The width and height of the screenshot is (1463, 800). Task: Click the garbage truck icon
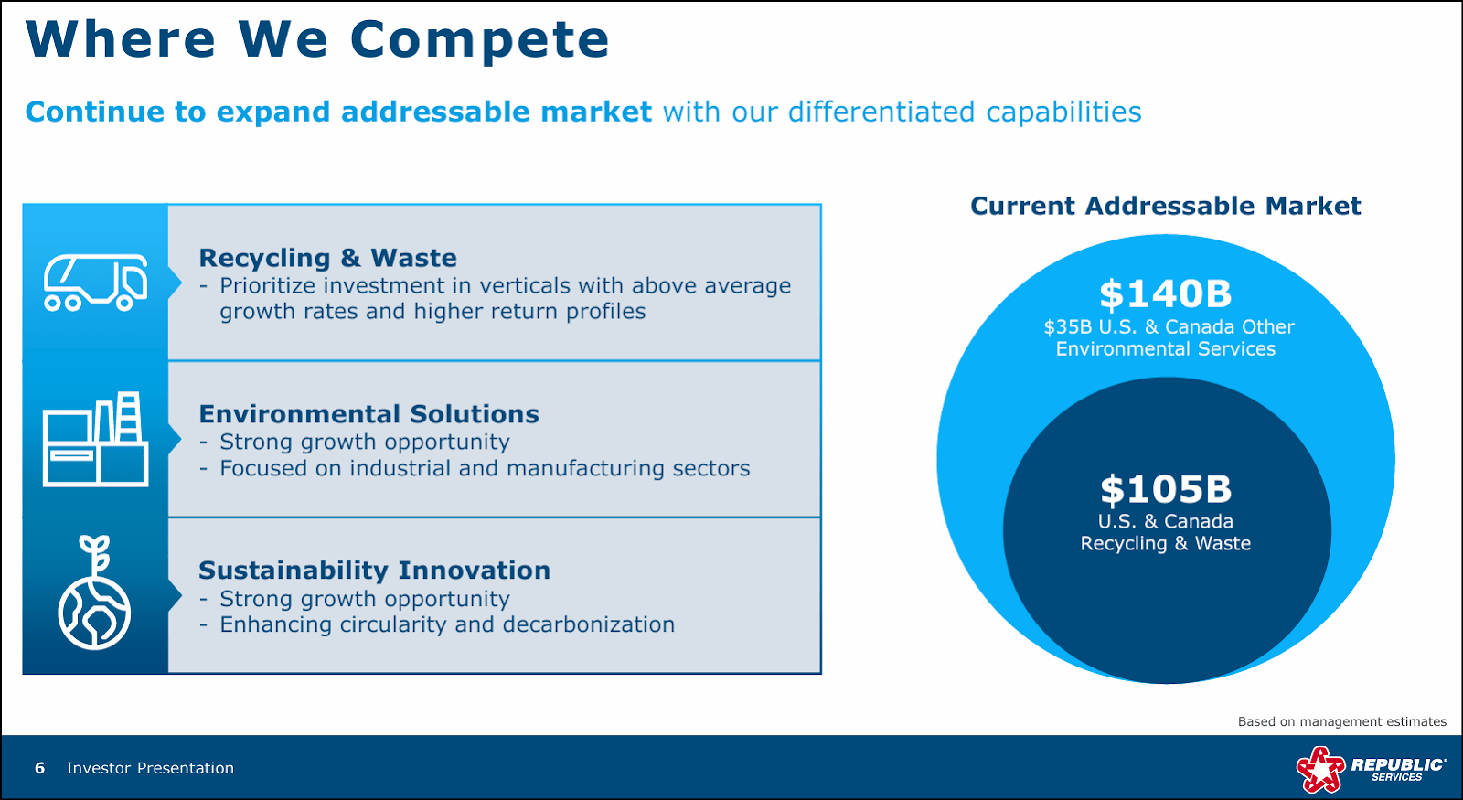click(95, 283)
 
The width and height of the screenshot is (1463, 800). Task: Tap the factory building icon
click(95, 440)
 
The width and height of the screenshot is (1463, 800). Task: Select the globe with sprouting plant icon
click(94, 594)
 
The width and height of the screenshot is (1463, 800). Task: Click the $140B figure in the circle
click(1165, 294)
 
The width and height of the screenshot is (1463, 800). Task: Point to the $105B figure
click(1165, 490)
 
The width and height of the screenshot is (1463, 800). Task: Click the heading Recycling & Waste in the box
click(327, 258)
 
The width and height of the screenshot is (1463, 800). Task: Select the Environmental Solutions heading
click(368, 414)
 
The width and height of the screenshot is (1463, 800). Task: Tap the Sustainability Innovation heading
click(374, 571)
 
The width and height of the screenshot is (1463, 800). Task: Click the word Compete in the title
click(479, 40)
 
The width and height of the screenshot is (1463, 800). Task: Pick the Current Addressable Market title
click(1165, 206)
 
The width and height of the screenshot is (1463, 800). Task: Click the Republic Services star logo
click(1319, 769)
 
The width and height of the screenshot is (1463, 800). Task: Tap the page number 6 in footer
click(39, 768)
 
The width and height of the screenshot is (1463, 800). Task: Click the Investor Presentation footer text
click(150, 768)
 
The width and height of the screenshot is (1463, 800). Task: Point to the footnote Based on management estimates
click(1341, 721)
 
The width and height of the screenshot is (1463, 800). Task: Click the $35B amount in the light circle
click(1067, 327)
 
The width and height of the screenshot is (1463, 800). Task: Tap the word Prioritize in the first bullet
click(268, 286)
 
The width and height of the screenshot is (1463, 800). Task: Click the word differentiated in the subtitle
click(881, 112)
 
